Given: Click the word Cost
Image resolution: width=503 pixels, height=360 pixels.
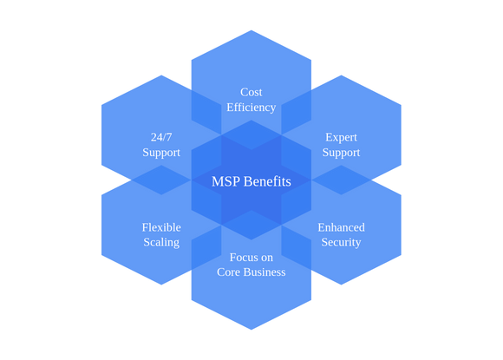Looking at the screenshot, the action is pyautogui.click(x=251, y=93).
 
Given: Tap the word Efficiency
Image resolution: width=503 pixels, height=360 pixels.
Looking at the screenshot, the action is pyautogui.click(x=251, y=108).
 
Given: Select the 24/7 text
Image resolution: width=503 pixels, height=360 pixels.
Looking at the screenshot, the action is pyautogui.click(x=161, y=137).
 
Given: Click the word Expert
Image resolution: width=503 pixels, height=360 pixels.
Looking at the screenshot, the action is pyautogui.click(x=341, y=138).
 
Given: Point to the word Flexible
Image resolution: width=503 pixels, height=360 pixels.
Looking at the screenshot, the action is pyautogui.click(x=161, y=227).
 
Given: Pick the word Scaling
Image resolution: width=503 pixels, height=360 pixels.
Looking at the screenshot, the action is pyautogui.click(x=161, y=243).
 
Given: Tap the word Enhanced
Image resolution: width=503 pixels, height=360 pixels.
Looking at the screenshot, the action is pyautogui.click(x=342, y=227).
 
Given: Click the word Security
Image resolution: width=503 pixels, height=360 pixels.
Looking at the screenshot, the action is pyautogui.click(x=341, y=243).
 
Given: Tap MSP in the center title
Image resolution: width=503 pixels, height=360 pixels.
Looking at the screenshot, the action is pyautogui.click(x=225, y=181).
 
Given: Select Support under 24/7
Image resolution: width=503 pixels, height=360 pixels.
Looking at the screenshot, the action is pyautogui.click(x=161, y=153).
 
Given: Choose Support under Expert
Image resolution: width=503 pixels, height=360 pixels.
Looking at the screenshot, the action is pyautogui.click(x=341, y=153).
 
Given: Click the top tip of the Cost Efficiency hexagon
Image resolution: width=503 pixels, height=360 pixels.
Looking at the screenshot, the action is pyautogui.click(x=251, y=30).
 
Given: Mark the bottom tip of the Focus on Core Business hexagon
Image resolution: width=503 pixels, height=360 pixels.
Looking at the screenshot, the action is pyautogui.click(x=251, y=330).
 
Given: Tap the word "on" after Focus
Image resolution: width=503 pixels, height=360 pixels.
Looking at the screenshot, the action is pyautogui.click(x=265, y=258).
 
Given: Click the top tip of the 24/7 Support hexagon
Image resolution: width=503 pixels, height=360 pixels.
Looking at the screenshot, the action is pyautogui.click(x=161, y=75).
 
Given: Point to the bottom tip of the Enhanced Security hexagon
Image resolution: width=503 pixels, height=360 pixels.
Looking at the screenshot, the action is pyautogui.click(x=341, y=285).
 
